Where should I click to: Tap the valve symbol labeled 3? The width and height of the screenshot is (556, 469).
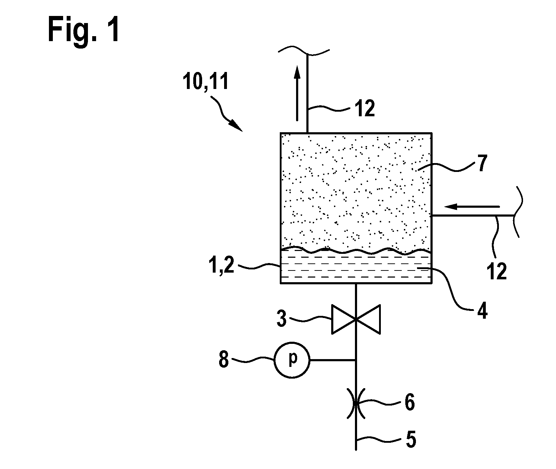(356, 319)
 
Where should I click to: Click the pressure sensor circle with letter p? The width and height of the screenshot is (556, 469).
(292, 360)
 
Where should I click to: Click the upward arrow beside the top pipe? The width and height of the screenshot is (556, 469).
(297, 94)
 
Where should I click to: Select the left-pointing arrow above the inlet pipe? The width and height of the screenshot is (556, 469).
(472, 206)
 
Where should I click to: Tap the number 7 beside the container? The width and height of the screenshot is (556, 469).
(482, 163)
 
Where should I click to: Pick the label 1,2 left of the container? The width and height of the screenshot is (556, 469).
(221, 266)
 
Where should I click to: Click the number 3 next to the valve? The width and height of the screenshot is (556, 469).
(282, 319)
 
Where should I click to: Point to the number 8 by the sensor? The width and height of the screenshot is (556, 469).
(224, 359)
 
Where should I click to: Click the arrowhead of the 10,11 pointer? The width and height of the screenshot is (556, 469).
(237, 126)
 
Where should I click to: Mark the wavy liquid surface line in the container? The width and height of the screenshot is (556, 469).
(356, 251)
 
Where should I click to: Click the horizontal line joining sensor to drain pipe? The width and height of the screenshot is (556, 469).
(333, 360)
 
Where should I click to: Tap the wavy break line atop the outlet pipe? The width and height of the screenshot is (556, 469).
(304, 52)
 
